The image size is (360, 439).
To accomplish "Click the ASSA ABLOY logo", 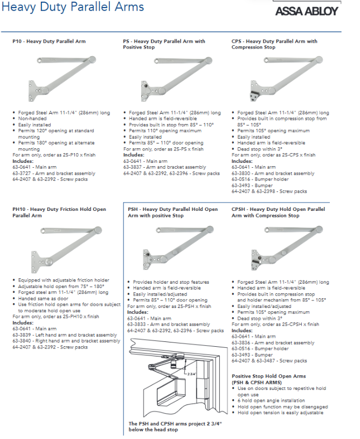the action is (307, 11).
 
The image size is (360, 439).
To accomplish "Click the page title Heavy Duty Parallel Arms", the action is (73, 6).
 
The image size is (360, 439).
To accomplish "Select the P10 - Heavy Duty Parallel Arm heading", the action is (49, 42).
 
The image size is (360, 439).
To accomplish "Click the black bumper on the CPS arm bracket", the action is (254, 93).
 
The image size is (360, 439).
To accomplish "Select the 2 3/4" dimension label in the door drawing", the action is (192, 374).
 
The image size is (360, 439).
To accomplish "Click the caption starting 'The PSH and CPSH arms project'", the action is (175, 427).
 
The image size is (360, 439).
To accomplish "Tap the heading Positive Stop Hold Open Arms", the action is (268, 376).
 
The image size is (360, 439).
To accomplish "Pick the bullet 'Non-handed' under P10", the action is (32, 119).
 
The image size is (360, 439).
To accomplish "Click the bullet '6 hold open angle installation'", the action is (271, 401).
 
